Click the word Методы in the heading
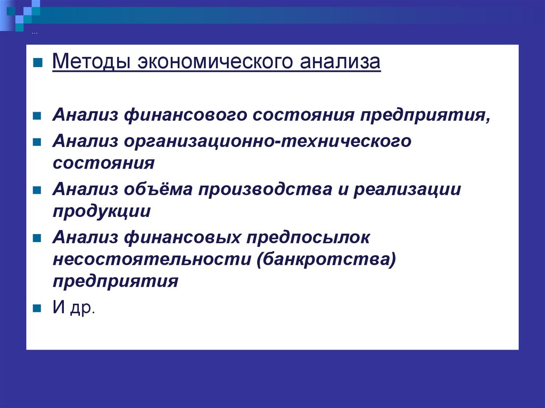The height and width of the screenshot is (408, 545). click(x=92, y=62)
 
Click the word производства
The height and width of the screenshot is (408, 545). click(x=265, y=190)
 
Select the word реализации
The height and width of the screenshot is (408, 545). click(x=407, y=190)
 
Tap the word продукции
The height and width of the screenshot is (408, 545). click(x=102, y=211)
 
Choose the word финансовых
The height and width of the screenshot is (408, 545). click(x=182, y=238)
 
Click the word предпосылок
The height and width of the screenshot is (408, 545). click(x=308, y=238)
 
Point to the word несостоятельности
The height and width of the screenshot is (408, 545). click(x=152, y=259)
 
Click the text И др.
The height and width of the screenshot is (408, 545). click(x=73, y=307)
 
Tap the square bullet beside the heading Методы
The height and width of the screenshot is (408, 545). click(x=38, y=63)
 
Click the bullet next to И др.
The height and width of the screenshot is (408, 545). click(x=37, y=308)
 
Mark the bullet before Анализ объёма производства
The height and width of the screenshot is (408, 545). click(x=37, y=190)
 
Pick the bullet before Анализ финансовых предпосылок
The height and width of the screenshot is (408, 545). click(x=37, y=238)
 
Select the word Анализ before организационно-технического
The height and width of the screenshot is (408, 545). click(x=85, y=141)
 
